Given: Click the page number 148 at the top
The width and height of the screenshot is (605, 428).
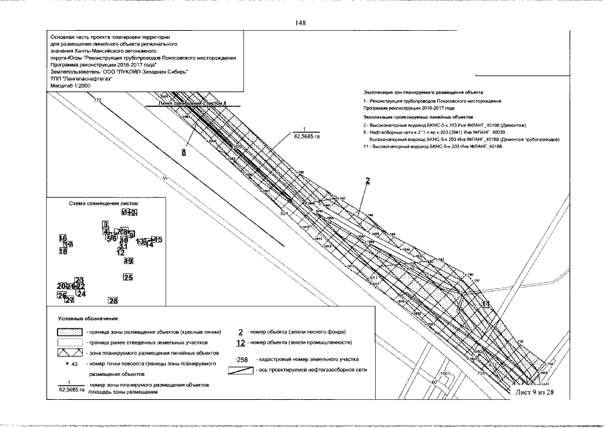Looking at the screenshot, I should (x=300, y=23).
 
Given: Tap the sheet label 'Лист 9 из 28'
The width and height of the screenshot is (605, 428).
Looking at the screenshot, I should (x=535, y=392).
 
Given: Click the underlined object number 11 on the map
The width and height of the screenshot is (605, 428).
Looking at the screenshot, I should (x=486, y=304).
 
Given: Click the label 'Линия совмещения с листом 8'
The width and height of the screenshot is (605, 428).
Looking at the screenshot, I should (x=189, y=104).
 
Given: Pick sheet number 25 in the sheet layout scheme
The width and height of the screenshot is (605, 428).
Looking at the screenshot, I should (x=128, y=277).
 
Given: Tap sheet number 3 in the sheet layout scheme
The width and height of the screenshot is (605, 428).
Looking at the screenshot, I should (x=105, y=224).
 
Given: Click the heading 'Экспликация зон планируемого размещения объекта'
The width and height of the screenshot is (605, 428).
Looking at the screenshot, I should (x=423, y=92).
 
